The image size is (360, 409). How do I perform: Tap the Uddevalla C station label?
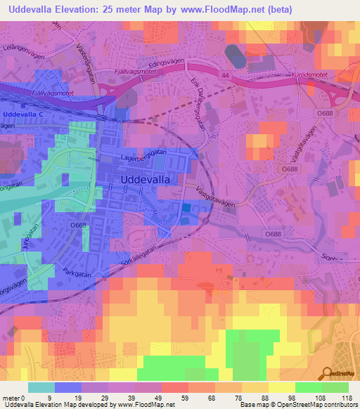click(x=23, y=113)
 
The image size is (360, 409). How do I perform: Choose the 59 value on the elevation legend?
click(x=184, y=397)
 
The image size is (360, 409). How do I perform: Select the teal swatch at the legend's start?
click(x=41, y=387)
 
